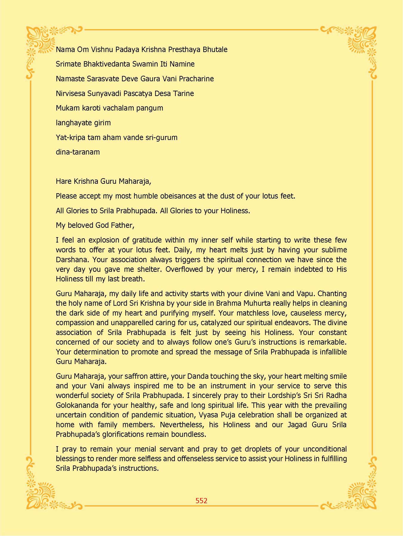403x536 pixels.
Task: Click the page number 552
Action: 201,501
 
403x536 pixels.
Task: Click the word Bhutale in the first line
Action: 215,49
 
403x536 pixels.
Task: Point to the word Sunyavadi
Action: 104,94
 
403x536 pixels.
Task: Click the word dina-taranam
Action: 78,152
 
